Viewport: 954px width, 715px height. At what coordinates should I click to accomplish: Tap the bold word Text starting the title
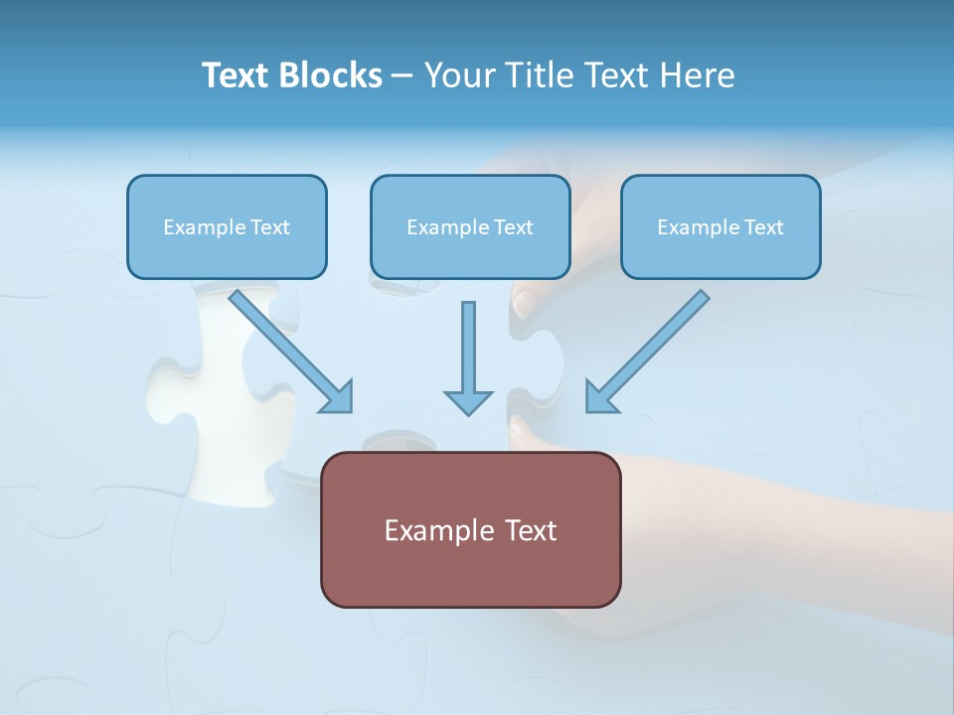coord(236,75)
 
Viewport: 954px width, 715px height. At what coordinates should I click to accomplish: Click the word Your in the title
coord(459,75)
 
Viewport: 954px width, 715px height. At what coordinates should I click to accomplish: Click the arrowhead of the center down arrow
coord(468,401)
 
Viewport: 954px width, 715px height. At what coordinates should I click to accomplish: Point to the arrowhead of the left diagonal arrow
coord(339,398)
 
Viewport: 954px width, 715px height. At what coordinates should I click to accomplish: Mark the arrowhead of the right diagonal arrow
coord(599,398)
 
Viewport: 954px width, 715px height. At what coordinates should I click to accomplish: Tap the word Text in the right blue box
coord(763,227)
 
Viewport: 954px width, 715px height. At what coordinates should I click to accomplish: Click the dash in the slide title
coord(402,76)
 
